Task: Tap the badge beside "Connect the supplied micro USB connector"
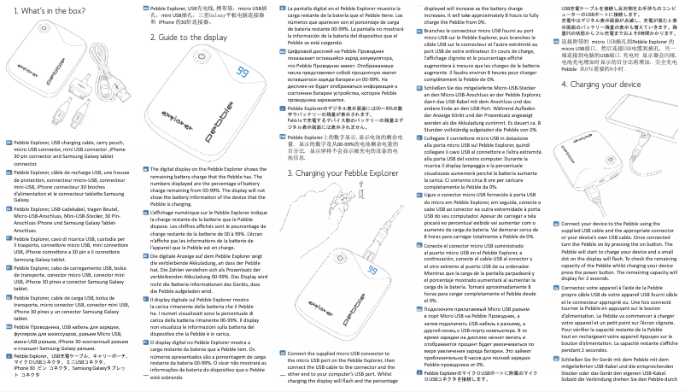click(284, 354)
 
